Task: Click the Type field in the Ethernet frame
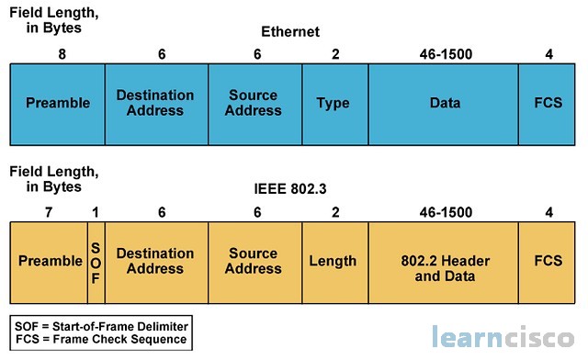334,103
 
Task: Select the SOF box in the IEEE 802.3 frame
96,261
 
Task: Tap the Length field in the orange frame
334,261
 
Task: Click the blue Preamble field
58,103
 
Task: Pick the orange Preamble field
50,261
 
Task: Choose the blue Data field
445,103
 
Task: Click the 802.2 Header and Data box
445,261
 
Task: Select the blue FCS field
548,103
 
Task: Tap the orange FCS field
548,261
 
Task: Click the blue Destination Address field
155,103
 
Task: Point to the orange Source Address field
254,261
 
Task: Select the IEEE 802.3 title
289,190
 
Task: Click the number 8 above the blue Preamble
62,54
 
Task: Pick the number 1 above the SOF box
96,211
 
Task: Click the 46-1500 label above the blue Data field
445,54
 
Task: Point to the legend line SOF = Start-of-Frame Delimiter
101,326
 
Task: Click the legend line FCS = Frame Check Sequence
101,339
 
